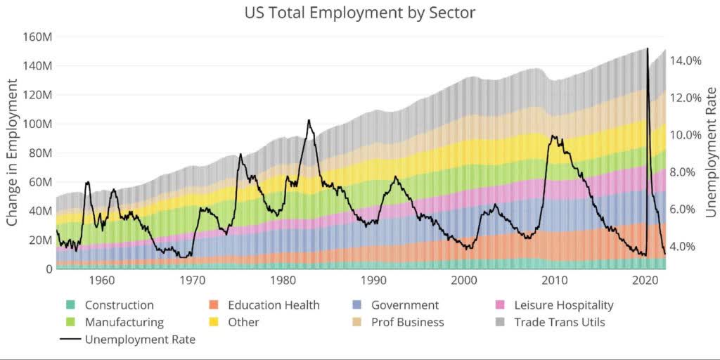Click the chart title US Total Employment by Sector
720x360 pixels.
[x=359, y=13]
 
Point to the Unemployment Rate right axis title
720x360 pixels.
[x=710, y=153]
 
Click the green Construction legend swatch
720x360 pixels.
[x=70, y=305]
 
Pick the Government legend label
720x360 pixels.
[x=404, y=305]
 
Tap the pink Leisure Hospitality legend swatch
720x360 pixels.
[x=501, y=305]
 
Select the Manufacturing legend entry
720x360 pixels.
[x=124, y=322]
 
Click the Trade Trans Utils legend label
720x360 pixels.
[x=559, y=322]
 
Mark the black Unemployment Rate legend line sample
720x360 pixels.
[x=70, y=340]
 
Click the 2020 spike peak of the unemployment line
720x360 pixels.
[x=647, y=49]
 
